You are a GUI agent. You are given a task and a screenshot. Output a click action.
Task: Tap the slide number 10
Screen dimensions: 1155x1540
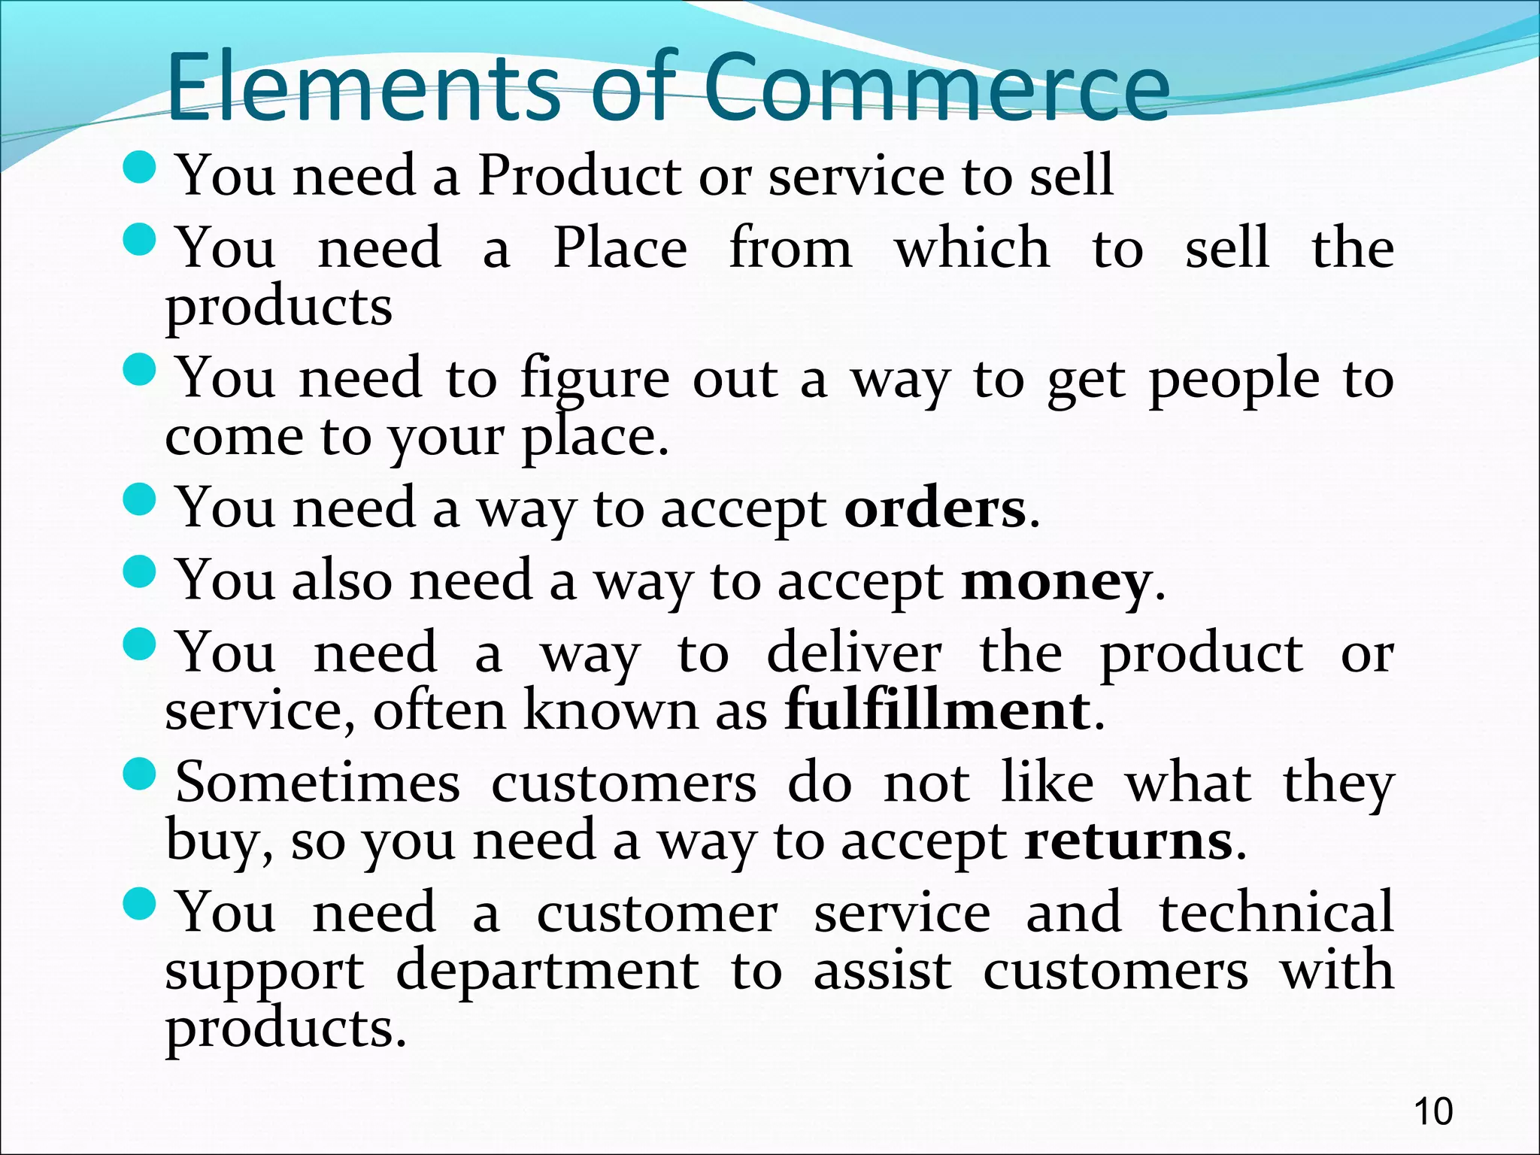(x=1433, y=1111)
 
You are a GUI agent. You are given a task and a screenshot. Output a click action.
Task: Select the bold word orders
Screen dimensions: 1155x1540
(x=935, y=509)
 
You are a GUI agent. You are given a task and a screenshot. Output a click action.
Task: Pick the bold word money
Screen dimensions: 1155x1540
(x=1056, y=582)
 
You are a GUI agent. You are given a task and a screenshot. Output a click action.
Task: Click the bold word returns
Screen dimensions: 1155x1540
(x=1129, y=841)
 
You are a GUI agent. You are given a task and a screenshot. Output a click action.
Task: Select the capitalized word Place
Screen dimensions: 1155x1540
(x=620, y=248)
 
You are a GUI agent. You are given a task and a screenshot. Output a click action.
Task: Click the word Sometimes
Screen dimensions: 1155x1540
(x=317, y=783)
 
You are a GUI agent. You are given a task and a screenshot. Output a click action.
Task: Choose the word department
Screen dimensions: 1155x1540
(x=547, y=970)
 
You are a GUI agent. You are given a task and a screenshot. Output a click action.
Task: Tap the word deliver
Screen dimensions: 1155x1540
(x=853, y=653)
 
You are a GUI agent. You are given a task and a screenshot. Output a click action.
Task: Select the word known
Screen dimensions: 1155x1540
(x=611, y=710)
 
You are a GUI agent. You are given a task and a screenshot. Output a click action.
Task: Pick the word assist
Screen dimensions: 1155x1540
(x=882, y=971)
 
